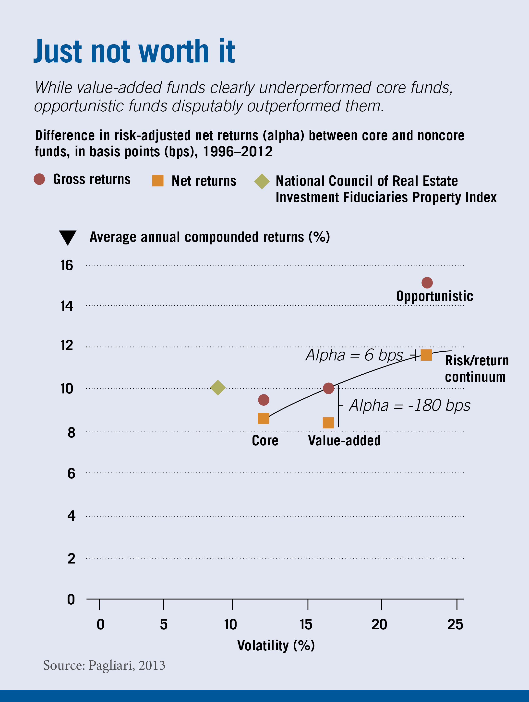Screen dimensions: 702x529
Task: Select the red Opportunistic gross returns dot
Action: tap(427, 282)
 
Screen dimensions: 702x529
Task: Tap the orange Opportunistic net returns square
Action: tap(426, 355)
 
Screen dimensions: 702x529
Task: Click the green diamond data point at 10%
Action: tap(218, 388)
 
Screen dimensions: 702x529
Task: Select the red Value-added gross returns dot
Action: tap(328, 388)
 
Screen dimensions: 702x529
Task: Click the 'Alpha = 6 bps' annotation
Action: tap(354, 355)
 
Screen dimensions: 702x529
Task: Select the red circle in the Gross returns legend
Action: tap(39, 179)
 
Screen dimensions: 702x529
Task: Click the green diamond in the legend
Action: tap(262, 181)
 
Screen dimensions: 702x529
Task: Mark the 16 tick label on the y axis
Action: tap(67, 265)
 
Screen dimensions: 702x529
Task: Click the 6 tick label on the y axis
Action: tap(71, 473)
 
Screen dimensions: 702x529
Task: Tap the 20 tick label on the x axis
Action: tap(379, 625)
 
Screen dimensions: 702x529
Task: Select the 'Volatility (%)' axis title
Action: tap(276, 645)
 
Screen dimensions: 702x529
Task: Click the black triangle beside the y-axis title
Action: tap(68, 237)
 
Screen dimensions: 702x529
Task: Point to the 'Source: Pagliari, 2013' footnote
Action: tap(104, 665)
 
